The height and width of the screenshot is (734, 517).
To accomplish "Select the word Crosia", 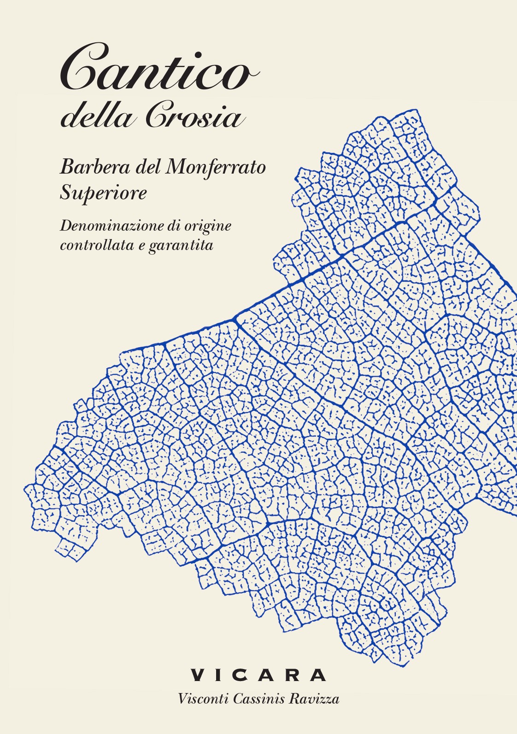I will click(194, 117).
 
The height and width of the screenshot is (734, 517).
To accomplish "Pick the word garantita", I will click(181, 246).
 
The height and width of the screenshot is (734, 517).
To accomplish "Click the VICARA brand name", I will click(258, 675).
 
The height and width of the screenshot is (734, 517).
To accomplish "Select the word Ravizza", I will click(314, 699).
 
